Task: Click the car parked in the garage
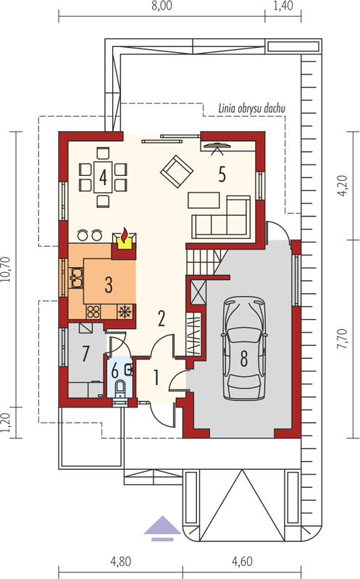pyautogui.click(x=244, y=348)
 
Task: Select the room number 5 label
pyautogui.click(x=222, y=174)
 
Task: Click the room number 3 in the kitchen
pyautogui.click(x=109, y=284)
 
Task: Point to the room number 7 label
pyautogui.click(x=85, y=353)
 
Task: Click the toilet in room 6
pyautogui.click(x=120, y=387)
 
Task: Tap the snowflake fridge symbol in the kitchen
pyautogui.click(x=125, y=312)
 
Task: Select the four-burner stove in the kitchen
pyautogui.click(x=93, y=312)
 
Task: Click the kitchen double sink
pyautogui.click(x=77, y=279)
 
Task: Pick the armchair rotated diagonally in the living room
pyautogui.click(x=176, y=171)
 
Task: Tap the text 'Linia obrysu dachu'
pyautogui.click(x=251, y=109)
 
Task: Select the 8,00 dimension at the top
pyautogui.click(x=162, y=7)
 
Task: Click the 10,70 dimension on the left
pyautogui.click(x=7, y=269)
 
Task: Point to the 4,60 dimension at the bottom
pyautogui.click(x=242, y=562)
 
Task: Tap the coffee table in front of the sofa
pyautogui.click(x=204, y=200)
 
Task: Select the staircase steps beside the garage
pyautogui.click(x=204, y=261)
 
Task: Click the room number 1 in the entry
pyautogui.click(x=156, y=378)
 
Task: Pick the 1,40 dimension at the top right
pyautogui.click(x=282, y=6)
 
